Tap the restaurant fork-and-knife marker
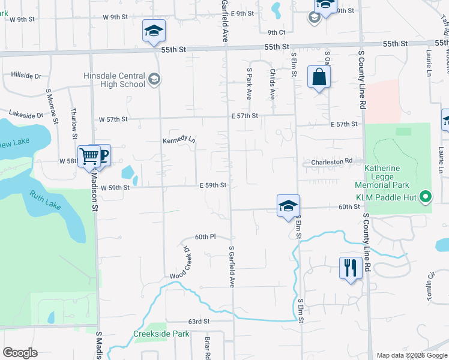pos(350,267)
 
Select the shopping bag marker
pos(319,77)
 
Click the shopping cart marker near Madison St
pos(89,157)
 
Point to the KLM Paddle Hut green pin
pos(426,196)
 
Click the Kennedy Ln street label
pos(179,140)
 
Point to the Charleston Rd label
pos(331,162)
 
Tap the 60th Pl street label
pos(204,237)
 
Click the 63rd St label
pos(198,322)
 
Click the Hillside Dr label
pos(26,76)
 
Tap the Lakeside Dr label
pos(26,114)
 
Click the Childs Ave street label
pos(272,84)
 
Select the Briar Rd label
pos(208,347)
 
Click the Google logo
pos(20,353)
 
